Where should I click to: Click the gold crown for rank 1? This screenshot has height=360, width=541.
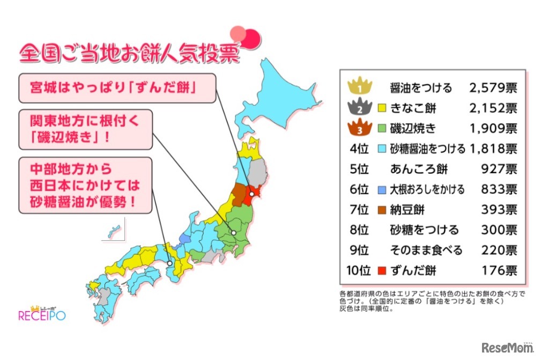[x=360, y=86]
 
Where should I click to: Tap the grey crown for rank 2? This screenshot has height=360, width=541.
[x=360, y=107]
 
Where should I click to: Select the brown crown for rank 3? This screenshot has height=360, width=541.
[x=360, y=128]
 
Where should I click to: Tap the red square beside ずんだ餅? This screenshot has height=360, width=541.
[x=382, y=271]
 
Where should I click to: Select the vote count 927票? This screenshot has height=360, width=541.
[x=499, y=169]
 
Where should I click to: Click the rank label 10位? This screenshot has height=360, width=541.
[x=359, y=271]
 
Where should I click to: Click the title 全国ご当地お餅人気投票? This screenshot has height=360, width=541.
[x=129, y=54]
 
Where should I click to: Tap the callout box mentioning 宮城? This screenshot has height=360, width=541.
[x=117, y=88]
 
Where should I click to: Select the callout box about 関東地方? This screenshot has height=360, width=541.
[x=85, y=129]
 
